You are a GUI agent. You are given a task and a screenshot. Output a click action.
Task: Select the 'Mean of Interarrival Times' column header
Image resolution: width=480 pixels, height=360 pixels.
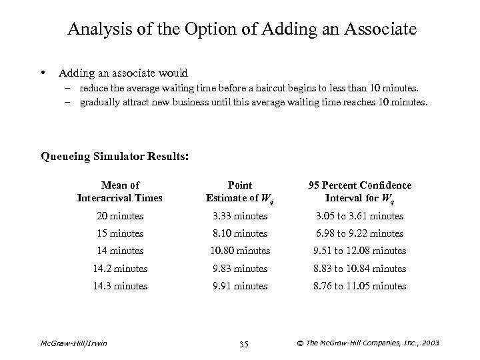(120, 191)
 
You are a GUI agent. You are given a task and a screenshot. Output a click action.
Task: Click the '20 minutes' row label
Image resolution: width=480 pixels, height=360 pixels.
(120, 216)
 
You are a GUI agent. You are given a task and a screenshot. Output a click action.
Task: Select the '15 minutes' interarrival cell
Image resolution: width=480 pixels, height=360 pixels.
(120, 233)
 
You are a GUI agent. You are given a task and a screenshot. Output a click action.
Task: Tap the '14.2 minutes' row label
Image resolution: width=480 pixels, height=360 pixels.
(120, 269)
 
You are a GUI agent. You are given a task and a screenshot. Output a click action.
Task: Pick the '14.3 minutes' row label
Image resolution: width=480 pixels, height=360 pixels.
(120, 286)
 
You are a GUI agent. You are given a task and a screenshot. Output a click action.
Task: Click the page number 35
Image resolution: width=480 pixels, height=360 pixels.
(243, 344)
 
